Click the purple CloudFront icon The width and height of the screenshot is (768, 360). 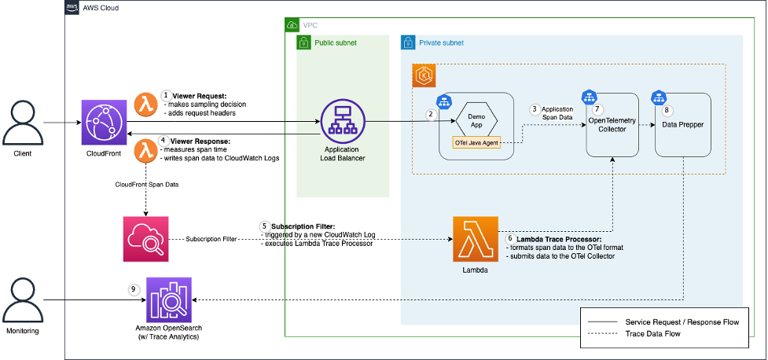(x=104, y=123)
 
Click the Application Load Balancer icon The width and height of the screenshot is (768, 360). (x=342, y=121)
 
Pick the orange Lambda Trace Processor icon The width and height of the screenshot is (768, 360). (x=476, y=239)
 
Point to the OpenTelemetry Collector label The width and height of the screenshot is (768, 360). (x=612, y=124)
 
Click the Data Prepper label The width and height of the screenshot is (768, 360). (x=682, y=124)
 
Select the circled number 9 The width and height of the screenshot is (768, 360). (x=134, y=288)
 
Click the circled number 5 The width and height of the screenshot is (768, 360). (x=264, y=226)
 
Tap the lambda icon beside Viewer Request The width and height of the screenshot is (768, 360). (x=145, y=103)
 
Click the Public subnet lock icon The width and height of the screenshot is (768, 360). (x=304, y=42)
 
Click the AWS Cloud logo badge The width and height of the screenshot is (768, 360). (x=73, y=6)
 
